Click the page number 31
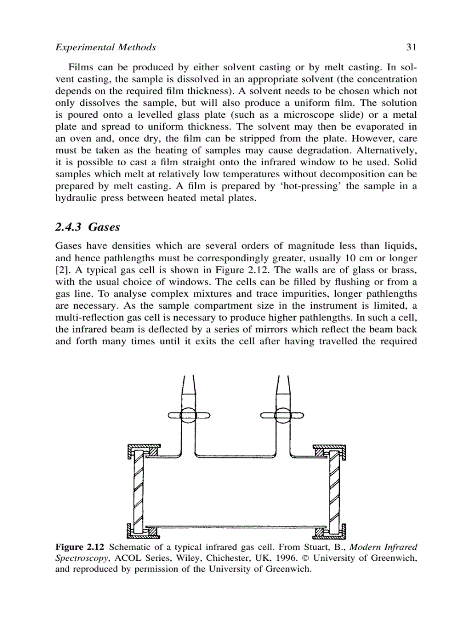pos(410,47)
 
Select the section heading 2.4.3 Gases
pos(87,227)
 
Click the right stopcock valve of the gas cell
pos(282,416)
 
